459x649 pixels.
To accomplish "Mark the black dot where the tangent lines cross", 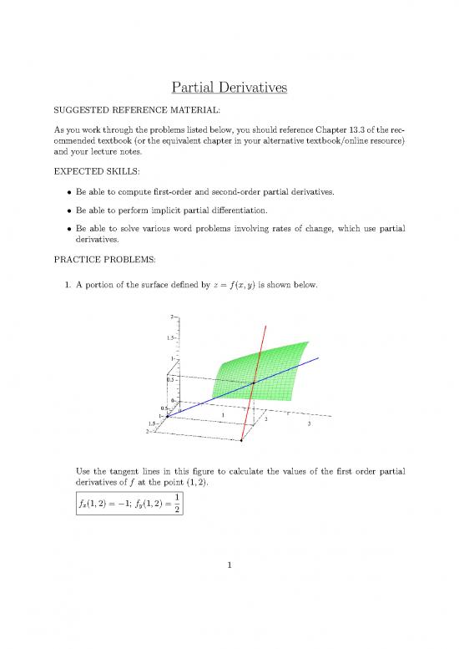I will point(254,383).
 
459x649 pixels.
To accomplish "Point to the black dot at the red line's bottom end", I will point(241,439).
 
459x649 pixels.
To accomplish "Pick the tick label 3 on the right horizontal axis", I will point(309,424).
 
